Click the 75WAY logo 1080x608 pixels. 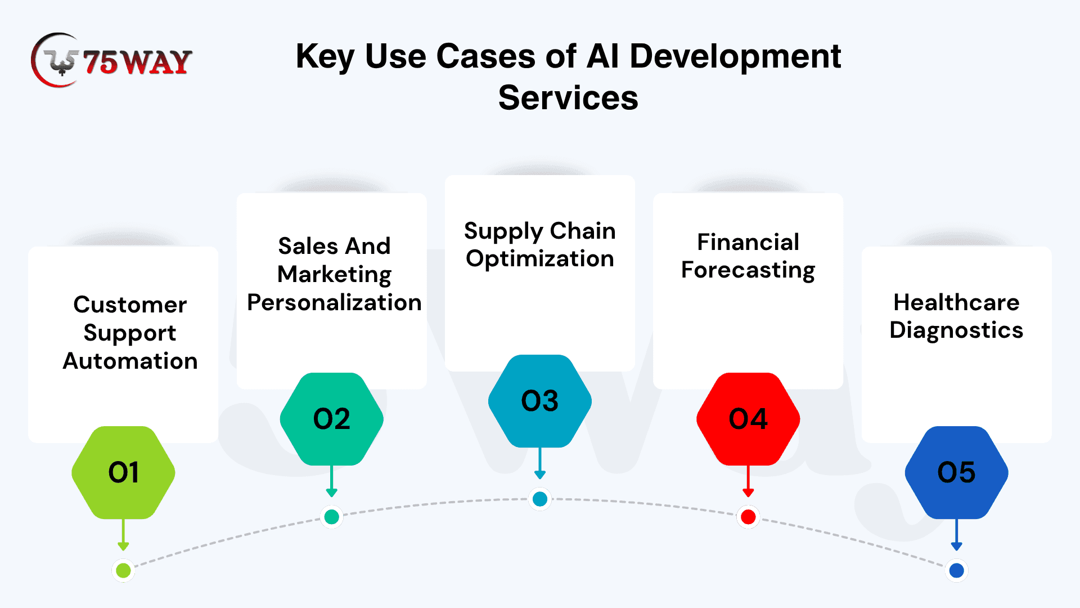point(111,60)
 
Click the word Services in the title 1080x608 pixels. point(568,98)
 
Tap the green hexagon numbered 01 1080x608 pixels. point(124,472)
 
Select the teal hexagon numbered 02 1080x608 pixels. point(332,419)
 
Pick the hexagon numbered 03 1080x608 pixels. point(540,401)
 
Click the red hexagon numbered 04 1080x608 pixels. point(748,419)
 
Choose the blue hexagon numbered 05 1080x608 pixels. point(956,472)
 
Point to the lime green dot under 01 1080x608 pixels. point(124,570)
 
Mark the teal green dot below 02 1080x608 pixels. point(332,516)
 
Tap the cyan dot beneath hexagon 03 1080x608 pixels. point(540,499)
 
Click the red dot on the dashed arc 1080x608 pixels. point(748,516)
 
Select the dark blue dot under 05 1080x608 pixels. point(956,570)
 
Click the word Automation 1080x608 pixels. point(130,361)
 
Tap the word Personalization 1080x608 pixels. point(334,302)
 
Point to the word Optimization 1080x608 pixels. point(540,259)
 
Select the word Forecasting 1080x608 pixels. point(748,270)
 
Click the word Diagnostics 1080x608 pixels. point(956,330)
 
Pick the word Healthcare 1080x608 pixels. point(956,302)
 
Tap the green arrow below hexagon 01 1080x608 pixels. point(124,535)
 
